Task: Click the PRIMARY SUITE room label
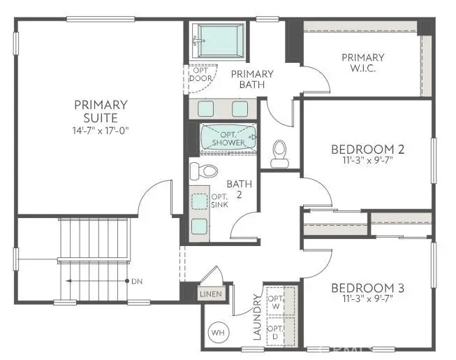point(101,111)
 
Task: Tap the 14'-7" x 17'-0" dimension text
point(101,130)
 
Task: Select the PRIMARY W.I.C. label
point(362,62)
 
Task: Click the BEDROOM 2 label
point(367,149)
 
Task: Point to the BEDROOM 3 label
point(367,288)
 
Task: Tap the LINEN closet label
point(211,294)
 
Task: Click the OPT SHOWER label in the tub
point(228,138)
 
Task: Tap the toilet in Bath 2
point(203,171)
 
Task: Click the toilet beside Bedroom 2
point(279,152)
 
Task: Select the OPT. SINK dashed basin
point(200,201)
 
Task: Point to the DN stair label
point(138,281)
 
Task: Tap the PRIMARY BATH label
point(251,79)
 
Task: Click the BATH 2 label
point(237,189)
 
